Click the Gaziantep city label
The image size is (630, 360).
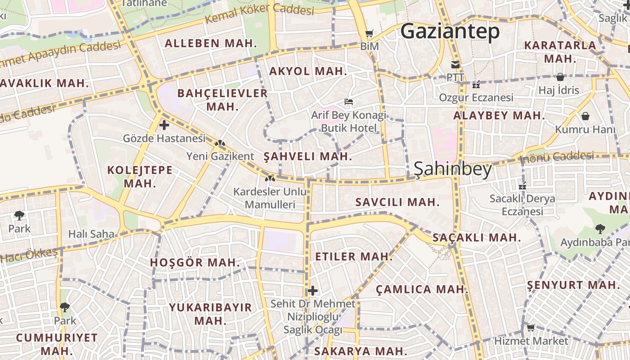450,32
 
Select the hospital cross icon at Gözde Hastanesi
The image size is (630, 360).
164,125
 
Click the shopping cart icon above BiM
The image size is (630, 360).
369,33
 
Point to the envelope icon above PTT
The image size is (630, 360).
455,64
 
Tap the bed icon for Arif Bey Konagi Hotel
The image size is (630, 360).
348,102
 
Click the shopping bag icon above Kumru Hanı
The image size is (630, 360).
585,116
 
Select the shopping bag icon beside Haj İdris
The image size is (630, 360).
560,77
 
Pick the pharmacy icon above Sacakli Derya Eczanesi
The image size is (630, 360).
522,185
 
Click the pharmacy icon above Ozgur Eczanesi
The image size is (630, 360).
476,84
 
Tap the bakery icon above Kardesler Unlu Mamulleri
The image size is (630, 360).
270,179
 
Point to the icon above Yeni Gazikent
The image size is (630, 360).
220,144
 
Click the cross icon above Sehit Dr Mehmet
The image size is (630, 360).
313,291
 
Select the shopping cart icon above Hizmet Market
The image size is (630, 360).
531,328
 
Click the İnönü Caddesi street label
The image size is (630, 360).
557,157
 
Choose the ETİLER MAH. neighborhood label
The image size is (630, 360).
354,256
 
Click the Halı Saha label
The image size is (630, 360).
91,234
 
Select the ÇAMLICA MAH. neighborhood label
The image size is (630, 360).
422,289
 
